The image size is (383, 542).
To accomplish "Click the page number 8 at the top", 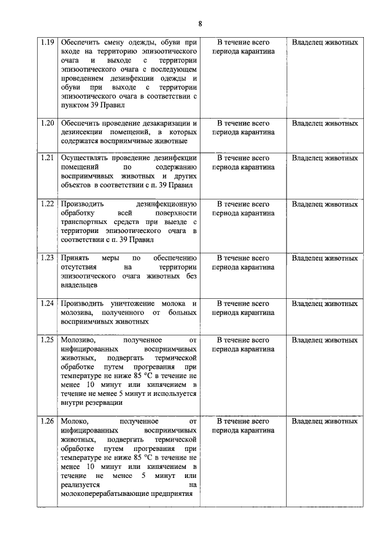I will tap(200, 23).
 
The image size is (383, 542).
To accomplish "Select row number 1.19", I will tap(47, 43).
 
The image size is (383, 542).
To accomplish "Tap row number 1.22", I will tap(47, 204).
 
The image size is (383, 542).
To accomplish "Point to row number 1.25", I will tap(47, 340).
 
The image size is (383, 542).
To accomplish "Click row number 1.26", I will tap(47, 422).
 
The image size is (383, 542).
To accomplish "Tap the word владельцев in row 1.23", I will tap(80, 285).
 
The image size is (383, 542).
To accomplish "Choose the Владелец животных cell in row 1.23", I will tap(325, 258).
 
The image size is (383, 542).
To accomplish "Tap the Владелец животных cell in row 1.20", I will tap(325, 123).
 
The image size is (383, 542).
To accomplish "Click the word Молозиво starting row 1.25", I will tap(78, 340).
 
